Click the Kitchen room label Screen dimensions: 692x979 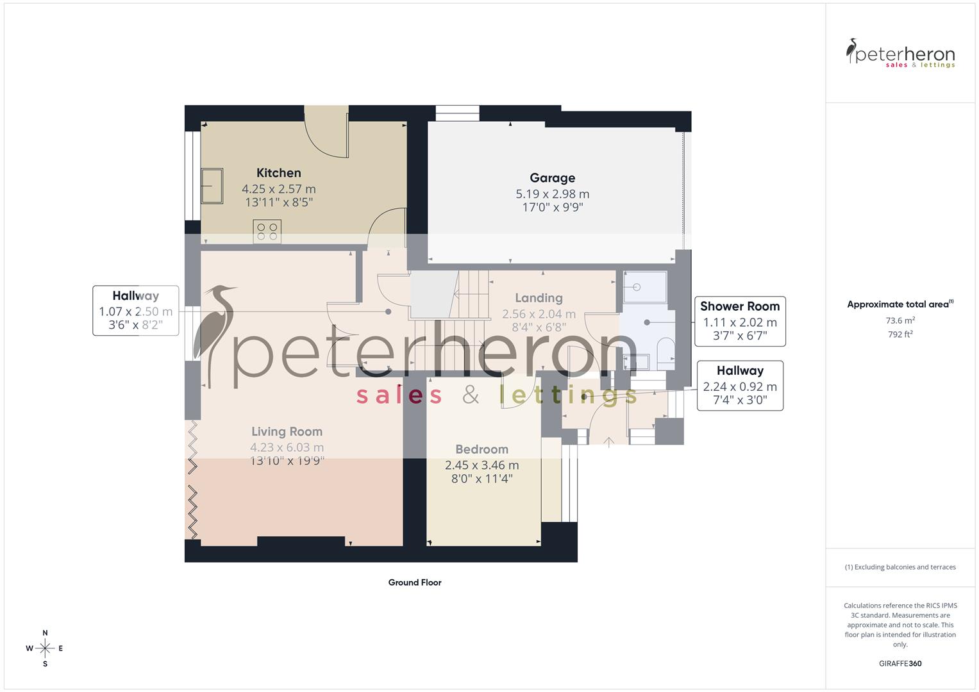[x=278, y=173]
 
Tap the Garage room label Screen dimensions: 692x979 [x=552, y=178]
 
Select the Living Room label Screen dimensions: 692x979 [x=287, y=432]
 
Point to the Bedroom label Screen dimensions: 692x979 [x=481, y=450]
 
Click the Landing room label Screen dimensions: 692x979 [x=539, y=298]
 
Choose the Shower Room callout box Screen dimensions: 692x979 [x=740, y=321]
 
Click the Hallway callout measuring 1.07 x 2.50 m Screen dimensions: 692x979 [x=135, y=311]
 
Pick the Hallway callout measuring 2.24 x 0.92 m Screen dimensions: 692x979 [x=740, y=386]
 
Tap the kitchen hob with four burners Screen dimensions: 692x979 [x=267, y=232]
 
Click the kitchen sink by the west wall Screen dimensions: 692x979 [x=212, y=186]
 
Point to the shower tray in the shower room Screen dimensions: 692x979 [x=644, y=288]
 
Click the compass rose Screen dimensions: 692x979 [x=45, y=648]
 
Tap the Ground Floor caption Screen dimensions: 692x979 [x=415, y=582]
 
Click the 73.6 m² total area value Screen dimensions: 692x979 [x=900, y=320]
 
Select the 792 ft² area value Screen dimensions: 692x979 [x=900, y=334]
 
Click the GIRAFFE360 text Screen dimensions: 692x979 [x=900, y=663]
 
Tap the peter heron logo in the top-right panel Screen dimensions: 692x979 [x=900, y=54]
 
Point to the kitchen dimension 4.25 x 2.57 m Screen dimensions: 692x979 [x=278, y=189]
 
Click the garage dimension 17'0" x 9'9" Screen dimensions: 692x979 [x=552, y=207]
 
